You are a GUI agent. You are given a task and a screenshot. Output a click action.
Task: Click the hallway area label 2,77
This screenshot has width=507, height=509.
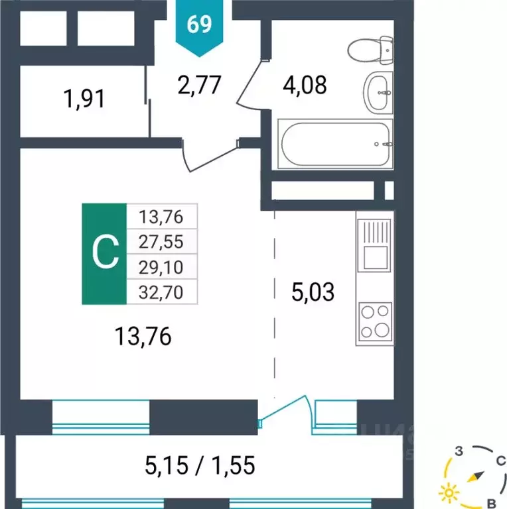click(198, 85)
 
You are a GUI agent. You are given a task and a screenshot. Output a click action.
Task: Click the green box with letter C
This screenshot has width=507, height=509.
click(104, 253)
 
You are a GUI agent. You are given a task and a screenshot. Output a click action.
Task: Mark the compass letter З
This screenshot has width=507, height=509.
click(458, 453)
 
